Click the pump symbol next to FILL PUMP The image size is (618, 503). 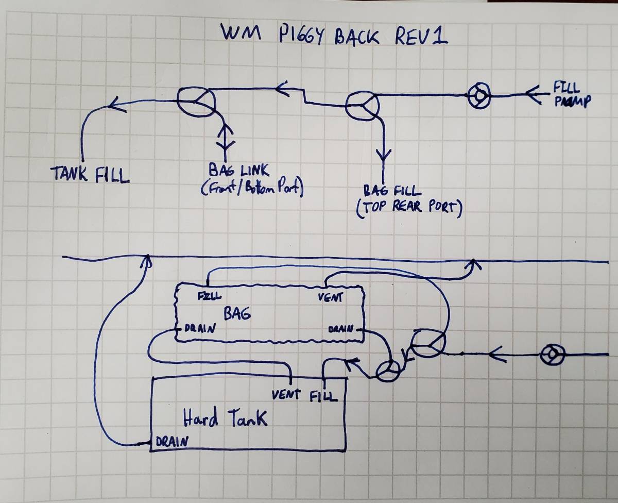(x=479, y=96)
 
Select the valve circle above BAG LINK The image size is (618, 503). (x=196, y=100)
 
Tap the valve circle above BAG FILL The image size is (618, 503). (x=362, y=107)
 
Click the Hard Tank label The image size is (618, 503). (x=226, y=418)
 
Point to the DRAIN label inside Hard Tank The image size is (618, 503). (x=171, y=441)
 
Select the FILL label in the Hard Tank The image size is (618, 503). (x=324, y=396)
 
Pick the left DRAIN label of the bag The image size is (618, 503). (x=196, y=328)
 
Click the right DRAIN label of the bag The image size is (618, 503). (x=340, y=328)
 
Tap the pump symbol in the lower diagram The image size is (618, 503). (x=552, y=355)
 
